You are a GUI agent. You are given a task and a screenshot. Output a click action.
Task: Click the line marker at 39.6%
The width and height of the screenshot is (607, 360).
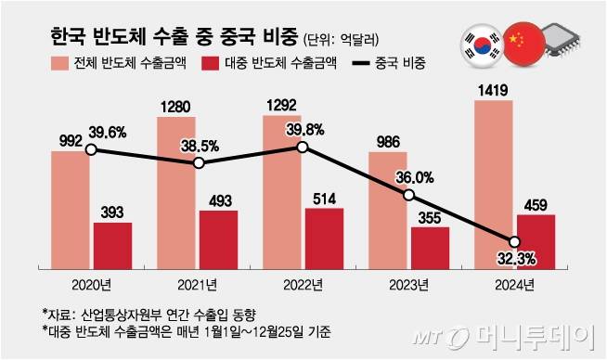click(91, 149)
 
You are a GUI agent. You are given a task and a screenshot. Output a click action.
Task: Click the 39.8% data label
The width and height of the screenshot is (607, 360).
click(330, 128)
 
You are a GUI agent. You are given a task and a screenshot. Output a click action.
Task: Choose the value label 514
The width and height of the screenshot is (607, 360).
click(324, 196)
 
